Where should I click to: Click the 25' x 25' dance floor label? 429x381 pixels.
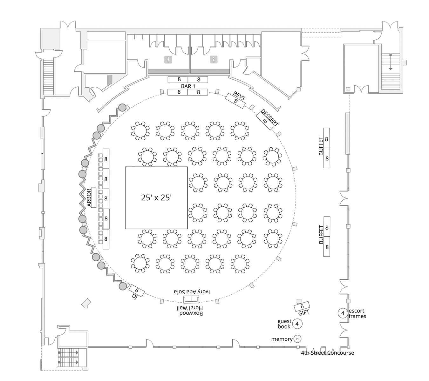tap(156, 197)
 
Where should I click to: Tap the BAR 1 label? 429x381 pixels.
tap(188, 86)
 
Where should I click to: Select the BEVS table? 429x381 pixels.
tap(235, 100)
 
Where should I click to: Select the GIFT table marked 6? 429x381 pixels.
tap(302, 306)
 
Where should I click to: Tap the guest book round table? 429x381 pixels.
tap(297, 324)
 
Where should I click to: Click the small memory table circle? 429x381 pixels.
tap(297, 339)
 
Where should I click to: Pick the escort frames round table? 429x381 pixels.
tap(343, 313)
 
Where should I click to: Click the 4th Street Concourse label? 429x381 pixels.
tap(327, 353)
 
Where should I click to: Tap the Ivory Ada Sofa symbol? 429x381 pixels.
tap(192, 299)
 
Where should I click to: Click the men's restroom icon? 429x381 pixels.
tap(169, 59)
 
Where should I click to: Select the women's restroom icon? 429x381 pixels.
tap(214, 59)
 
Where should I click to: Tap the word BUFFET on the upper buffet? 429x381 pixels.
tap(321, 146)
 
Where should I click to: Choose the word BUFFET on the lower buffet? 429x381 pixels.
tap(321, 235)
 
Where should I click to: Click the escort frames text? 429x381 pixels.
tap(357, 313)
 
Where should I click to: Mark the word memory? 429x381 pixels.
tap(282, 339)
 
